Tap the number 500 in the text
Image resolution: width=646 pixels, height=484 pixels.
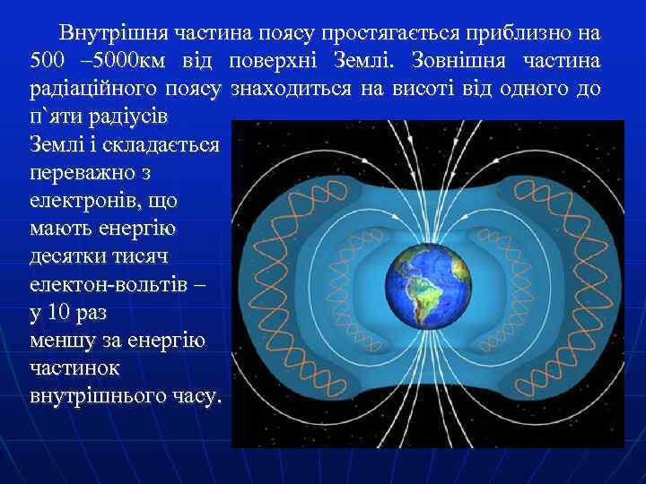(48, 62)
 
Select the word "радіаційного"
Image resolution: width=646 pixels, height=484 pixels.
(78, 90)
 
